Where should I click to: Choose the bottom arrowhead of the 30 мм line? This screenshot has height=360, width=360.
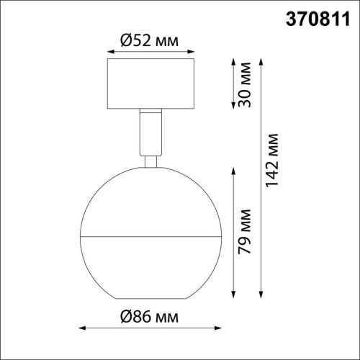(x=233, y=107)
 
